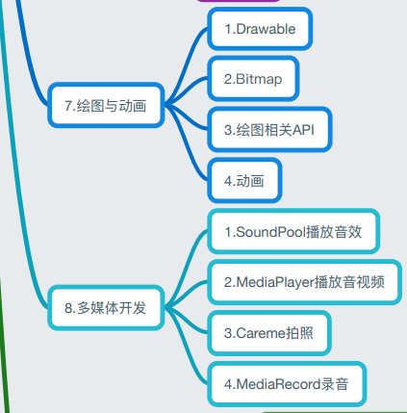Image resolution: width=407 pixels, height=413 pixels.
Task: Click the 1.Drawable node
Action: click(260, 29)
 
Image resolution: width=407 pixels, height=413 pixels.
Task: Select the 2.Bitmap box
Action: click(253, 79)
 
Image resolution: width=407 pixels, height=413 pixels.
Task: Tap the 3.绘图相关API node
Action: click(269, 130)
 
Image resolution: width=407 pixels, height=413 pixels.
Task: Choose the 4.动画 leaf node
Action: click(244, 180)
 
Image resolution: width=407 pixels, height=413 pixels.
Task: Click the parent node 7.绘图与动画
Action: click(106, 105)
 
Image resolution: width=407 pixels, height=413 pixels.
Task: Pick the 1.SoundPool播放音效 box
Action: click(293, 231)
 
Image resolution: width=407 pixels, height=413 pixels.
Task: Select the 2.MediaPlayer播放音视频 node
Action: click(304, 282)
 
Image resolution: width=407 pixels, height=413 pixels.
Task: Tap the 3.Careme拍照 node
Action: click(269, 333)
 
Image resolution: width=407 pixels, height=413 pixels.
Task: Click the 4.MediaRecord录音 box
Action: click(287, 384)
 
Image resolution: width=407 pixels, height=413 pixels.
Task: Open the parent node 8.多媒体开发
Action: click(106, 308)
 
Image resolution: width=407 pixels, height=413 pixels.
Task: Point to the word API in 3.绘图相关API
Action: click(303, 130)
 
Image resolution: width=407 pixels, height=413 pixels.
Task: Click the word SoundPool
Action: click(269, 232)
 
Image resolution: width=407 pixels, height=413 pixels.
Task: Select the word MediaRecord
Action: click(278, 384)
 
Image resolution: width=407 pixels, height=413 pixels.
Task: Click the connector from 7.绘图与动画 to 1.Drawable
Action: click(187, 65)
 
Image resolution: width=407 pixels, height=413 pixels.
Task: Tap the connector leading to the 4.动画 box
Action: click(187, 142)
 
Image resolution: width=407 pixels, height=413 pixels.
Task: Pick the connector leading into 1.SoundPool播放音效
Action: click(187, 268)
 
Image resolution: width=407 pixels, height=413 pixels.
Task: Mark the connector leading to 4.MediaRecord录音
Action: click(187, 347)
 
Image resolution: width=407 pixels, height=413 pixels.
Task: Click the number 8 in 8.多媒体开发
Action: click(68, 308)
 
